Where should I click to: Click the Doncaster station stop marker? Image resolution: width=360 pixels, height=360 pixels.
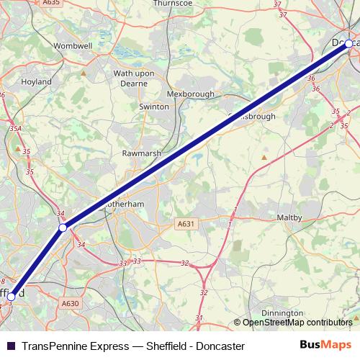[348, 44]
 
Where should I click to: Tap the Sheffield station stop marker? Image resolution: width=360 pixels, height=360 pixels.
[10, 296]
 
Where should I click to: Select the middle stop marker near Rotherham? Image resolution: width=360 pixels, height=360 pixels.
[63, 228]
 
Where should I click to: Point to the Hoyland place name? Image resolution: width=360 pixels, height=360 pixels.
[36, 82]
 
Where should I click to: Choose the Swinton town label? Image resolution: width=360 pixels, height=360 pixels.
[153, 107]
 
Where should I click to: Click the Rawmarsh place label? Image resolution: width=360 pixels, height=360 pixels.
[137, 153]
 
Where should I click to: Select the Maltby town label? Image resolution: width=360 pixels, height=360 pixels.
[293, 217]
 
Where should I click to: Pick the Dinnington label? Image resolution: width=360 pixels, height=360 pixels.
[282, 313]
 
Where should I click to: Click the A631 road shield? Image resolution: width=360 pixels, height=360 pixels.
[187, 224]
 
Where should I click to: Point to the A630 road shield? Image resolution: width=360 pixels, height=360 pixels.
[70, 304]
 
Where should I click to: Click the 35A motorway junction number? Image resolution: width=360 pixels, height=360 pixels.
[14, 130]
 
